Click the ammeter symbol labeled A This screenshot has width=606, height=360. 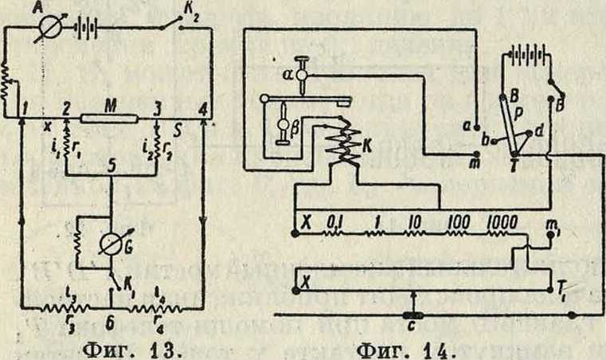tap(50, 36)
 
